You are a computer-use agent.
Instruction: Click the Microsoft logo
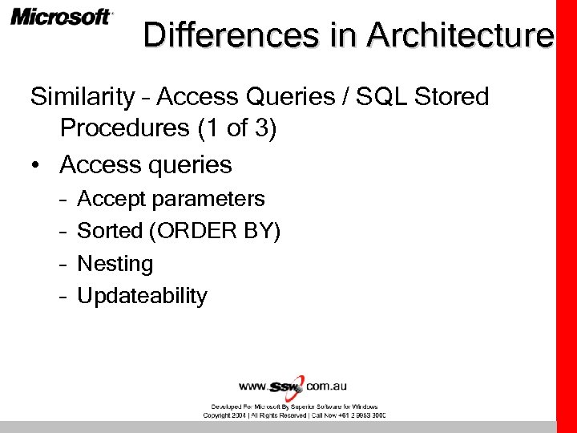click(x=62, y=17)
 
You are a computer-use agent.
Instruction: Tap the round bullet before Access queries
click(x=36, y=165)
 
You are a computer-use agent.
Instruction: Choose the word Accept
click(x=111, y=199)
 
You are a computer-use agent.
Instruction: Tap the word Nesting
click(x=115, y=264)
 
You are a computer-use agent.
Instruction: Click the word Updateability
click(x=142, y=296)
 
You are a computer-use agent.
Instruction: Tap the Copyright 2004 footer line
click(x=294, y=415)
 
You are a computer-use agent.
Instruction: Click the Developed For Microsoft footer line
click(x=294, y=407)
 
